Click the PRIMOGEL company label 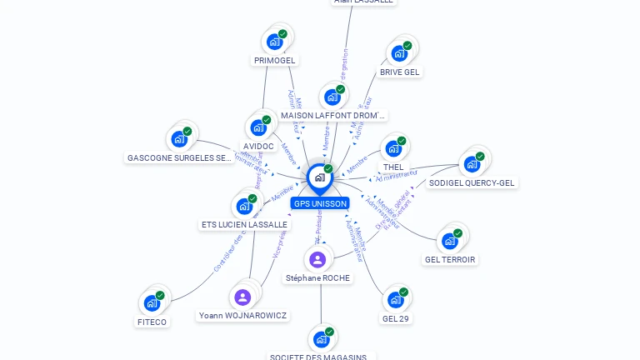coord(275,60)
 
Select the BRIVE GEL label coord(400,72)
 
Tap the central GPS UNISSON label coord(320,203)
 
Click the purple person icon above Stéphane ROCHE coord(317,259)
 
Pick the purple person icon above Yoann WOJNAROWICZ coord(242,297)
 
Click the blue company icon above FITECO coord(152,303)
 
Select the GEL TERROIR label coord(450,259)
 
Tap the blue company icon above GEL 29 coord(396,300)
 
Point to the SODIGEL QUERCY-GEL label coord(472,182)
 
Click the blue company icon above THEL coord(393,150)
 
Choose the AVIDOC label coord(258,146)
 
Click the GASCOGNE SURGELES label coord(179,157)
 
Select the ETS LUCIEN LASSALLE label coord(245,224)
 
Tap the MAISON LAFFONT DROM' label coord(333,115)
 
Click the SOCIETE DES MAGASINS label coord(321,357)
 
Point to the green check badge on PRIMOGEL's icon coord(283,34)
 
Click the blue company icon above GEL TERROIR coord(450,241)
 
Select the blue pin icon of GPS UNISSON coord(319,177)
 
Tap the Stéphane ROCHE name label coord(317,277)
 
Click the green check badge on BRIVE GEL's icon coord(407,46)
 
